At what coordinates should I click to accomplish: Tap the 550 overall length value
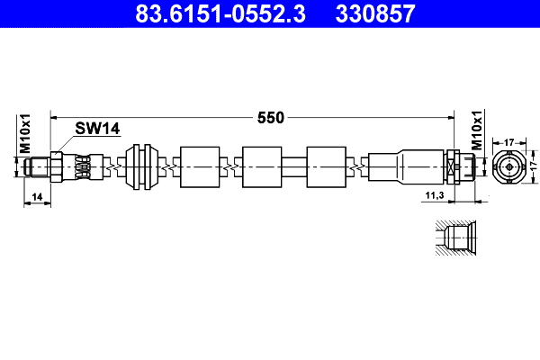[x=270, y=117]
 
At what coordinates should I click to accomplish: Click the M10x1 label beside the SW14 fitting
[x=26, y=133]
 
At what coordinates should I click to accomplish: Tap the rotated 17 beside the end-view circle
[x=532, y=166]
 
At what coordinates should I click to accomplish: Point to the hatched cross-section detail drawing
[x=457, y=240]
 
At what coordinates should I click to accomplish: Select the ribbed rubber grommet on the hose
[x=141, y=166]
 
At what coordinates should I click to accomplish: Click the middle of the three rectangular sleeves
[x=261, y=166]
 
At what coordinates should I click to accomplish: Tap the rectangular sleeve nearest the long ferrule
[x=325, y=166]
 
